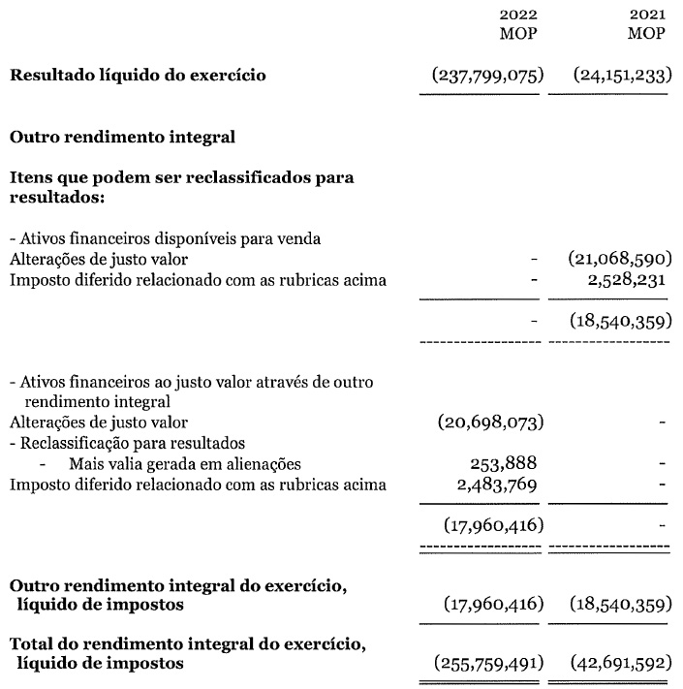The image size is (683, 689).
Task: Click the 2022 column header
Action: point(518,15)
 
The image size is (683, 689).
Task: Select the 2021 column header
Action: point(646,15)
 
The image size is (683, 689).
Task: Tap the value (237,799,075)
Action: point(486,76)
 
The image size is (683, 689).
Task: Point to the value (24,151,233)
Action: point(620,76)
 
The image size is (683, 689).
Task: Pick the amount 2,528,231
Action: point(625,281)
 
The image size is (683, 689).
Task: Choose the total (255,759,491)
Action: point(486,664)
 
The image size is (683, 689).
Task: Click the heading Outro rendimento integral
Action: point(122,137)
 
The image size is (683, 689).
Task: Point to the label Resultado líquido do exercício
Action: point(137,76)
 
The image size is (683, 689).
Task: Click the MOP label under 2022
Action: point(518,34)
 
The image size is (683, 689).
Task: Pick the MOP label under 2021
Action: point(646,34)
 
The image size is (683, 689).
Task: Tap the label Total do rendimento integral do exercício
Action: point(189,644)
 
